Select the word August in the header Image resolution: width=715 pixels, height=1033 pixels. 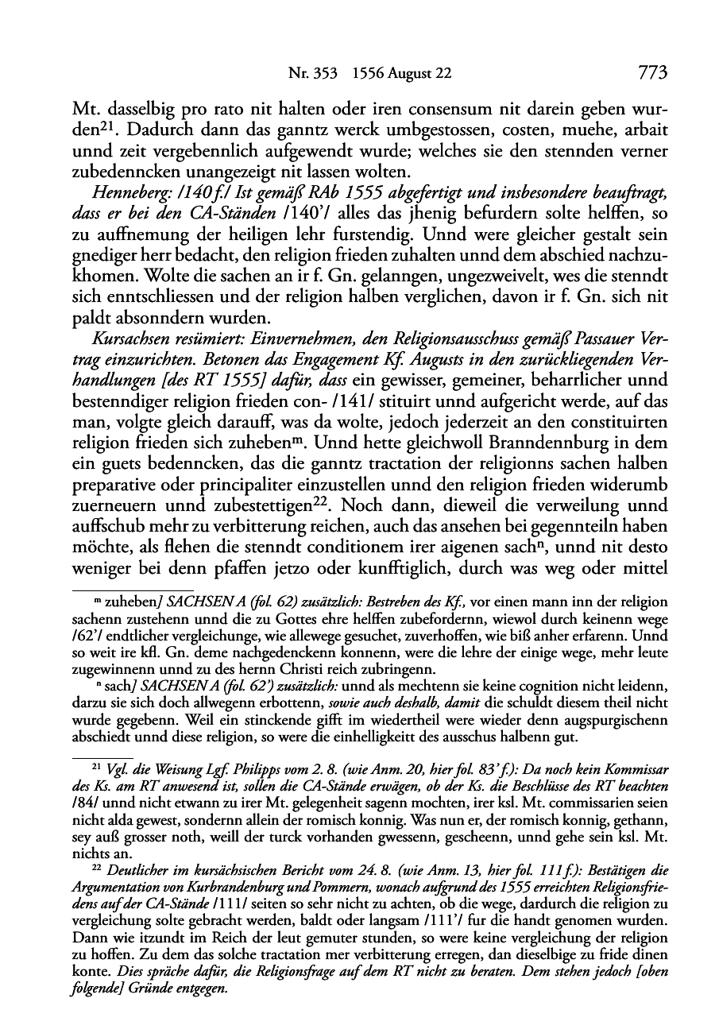click(427, 74)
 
